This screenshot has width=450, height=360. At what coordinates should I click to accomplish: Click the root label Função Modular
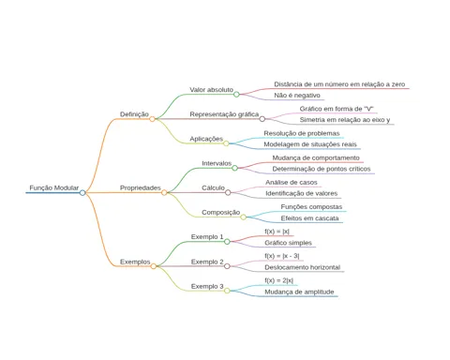coord(54,187)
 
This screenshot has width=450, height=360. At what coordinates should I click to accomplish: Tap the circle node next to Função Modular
coord(82,192)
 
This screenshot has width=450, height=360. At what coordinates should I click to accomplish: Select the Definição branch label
coord(134,114)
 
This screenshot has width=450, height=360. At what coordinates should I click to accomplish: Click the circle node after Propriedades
coord(164,192)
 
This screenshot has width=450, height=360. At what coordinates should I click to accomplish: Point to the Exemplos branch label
coord(135,262)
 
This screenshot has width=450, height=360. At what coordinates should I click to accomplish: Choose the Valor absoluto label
coord(211,90)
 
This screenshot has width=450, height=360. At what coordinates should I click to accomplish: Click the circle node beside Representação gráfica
coord(262,119)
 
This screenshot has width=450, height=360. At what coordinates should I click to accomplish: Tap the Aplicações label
coord(206,139)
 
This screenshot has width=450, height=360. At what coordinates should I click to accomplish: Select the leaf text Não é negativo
coord(297,96)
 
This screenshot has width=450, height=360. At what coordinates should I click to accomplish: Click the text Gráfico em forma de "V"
coord(337,109)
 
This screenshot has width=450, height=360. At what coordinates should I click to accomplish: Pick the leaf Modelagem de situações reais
coord(310,144)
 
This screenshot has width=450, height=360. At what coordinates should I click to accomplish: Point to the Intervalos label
coord(217,163)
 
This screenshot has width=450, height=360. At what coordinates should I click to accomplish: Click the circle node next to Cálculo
coord(228,192)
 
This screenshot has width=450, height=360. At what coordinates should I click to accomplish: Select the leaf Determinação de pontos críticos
coord(322,169)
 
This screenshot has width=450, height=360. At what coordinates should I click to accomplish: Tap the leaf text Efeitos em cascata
coord(309,218)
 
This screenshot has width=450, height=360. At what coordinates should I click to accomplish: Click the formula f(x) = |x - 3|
coord(282,256)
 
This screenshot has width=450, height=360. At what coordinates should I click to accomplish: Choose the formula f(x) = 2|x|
coord(279,280)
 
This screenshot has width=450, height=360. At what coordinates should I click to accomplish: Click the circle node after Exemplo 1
coord(227,242)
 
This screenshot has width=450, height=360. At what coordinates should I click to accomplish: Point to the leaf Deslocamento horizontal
coord(302,267)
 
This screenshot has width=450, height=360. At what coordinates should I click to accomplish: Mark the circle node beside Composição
coord(244,217)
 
